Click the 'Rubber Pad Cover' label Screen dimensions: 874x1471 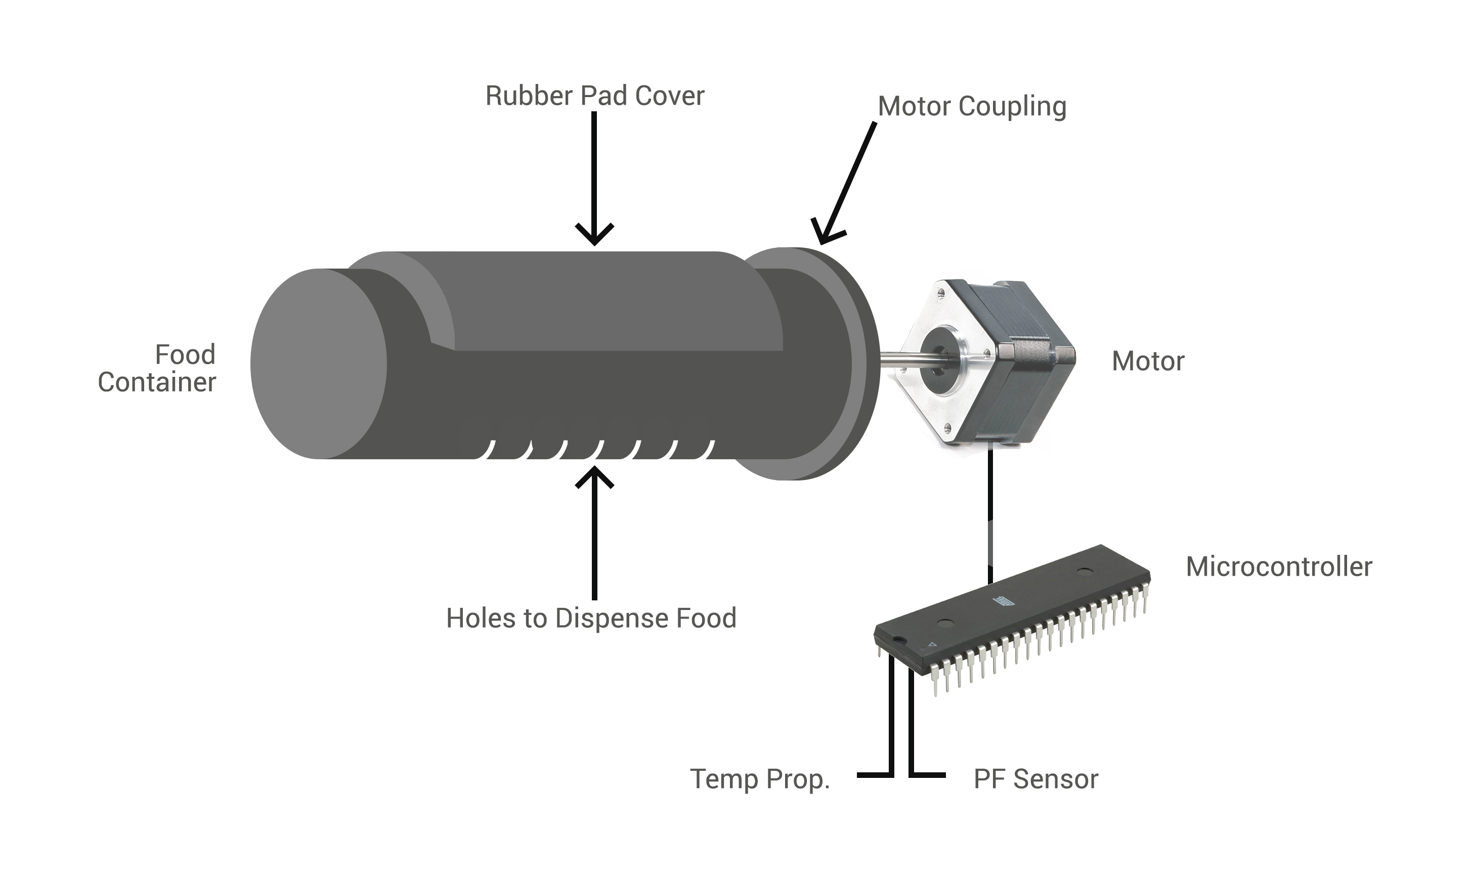594,96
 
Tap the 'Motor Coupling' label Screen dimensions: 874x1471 972,107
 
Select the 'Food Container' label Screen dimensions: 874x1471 157,368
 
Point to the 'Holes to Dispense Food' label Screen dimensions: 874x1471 591,618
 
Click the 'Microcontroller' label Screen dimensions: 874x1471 1278,566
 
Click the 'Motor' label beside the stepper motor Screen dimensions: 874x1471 1148,361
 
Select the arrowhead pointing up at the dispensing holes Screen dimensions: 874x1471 594,476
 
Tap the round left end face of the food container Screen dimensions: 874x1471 318,363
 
